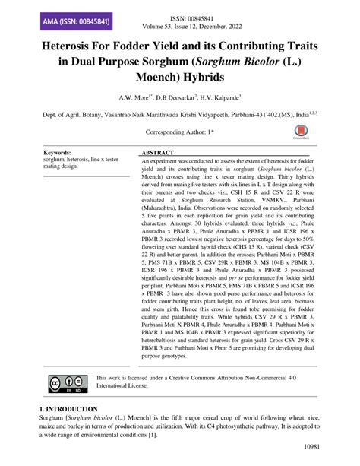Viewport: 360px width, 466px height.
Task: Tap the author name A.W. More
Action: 135,99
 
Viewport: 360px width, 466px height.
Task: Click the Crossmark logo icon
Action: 302,134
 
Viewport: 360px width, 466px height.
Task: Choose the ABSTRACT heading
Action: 163,153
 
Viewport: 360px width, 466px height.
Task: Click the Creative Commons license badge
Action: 68,381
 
